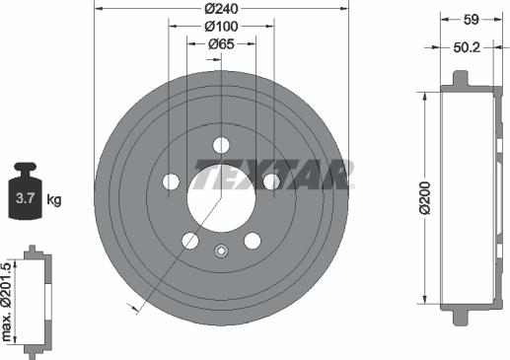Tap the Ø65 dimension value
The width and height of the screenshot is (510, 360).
coord(221,44)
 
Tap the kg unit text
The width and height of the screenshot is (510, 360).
coord(53,200)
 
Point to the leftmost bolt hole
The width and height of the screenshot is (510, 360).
coord(172,181)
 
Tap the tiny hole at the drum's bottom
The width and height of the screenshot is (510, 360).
coord(221,250)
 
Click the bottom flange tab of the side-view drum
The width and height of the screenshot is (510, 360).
coord(461,317)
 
